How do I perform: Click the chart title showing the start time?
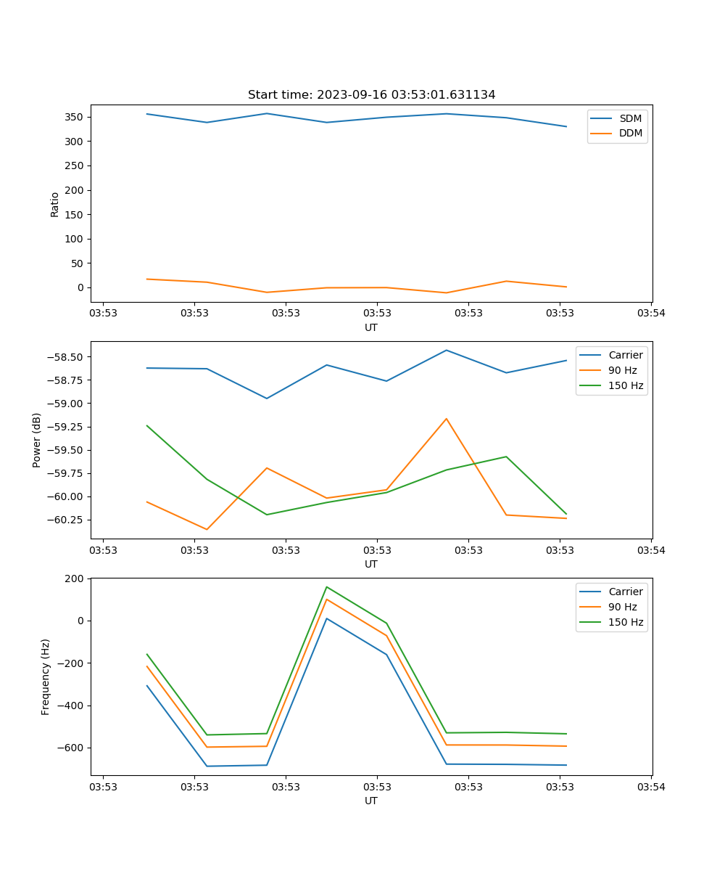point(371,95)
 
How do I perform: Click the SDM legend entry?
point(630,118)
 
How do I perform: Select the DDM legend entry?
point(630,133)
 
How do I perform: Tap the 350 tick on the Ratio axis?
point(75,117)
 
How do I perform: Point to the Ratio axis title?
point(54,204)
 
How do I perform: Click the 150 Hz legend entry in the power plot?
point(626,385)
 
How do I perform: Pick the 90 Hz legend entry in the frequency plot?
point(623,607)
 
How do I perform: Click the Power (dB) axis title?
point(37,440)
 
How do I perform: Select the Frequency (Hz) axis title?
point(45,676)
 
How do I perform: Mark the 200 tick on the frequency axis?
point(75,578)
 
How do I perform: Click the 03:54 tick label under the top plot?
point(650,314)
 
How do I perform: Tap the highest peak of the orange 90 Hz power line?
point(447,419)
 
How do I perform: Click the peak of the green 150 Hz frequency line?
point(327,586)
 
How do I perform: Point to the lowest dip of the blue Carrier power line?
point(267,398)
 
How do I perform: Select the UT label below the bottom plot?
point(371,801)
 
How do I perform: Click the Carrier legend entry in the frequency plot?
point(626,592)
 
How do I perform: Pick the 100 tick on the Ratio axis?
point(75,239)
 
